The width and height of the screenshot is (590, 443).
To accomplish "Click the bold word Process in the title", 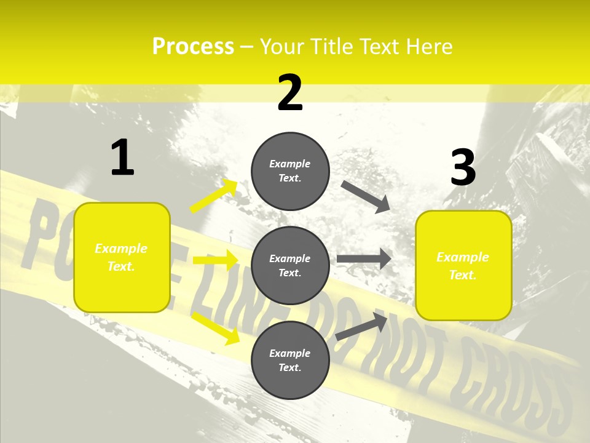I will [193, 47].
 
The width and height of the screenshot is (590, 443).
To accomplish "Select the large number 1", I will [122, 158].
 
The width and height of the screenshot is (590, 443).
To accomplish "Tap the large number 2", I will [290, 93].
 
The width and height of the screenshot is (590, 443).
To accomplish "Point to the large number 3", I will [463, 167].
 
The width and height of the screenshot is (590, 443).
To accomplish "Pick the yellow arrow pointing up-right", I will [214, 196].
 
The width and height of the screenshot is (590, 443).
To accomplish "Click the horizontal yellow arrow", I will [215, 260].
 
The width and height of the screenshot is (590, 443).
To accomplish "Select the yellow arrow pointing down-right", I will [215, 328].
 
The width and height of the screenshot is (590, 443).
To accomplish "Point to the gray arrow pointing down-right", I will [366, 196].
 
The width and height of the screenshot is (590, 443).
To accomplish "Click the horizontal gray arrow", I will [364, 258].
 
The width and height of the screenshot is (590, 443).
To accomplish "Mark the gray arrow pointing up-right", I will [361, 326].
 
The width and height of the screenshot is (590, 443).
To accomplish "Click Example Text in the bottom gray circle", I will [290, 360].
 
